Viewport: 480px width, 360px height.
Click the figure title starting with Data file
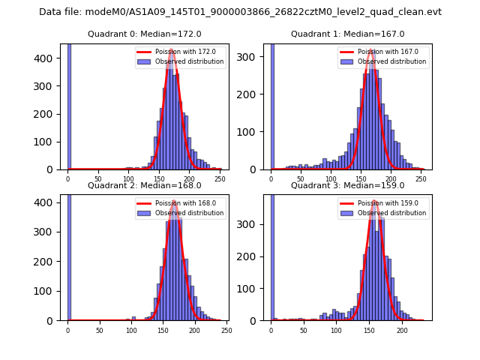(x=240, y=12)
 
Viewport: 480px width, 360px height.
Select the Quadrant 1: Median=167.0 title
(x=347, y=34)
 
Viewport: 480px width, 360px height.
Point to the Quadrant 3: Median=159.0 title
(x=347, y=185)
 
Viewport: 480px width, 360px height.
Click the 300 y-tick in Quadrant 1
(x=256, y=57)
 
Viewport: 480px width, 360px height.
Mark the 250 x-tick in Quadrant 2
(x=226, y=330)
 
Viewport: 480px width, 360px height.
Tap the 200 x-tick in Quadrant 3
(x=402, y=330)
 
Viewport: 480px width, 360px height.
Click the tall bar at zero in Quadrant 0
(x=69, y=105)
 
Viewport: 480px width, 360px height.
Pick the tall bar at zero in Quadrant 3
(x=272, y=255)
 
